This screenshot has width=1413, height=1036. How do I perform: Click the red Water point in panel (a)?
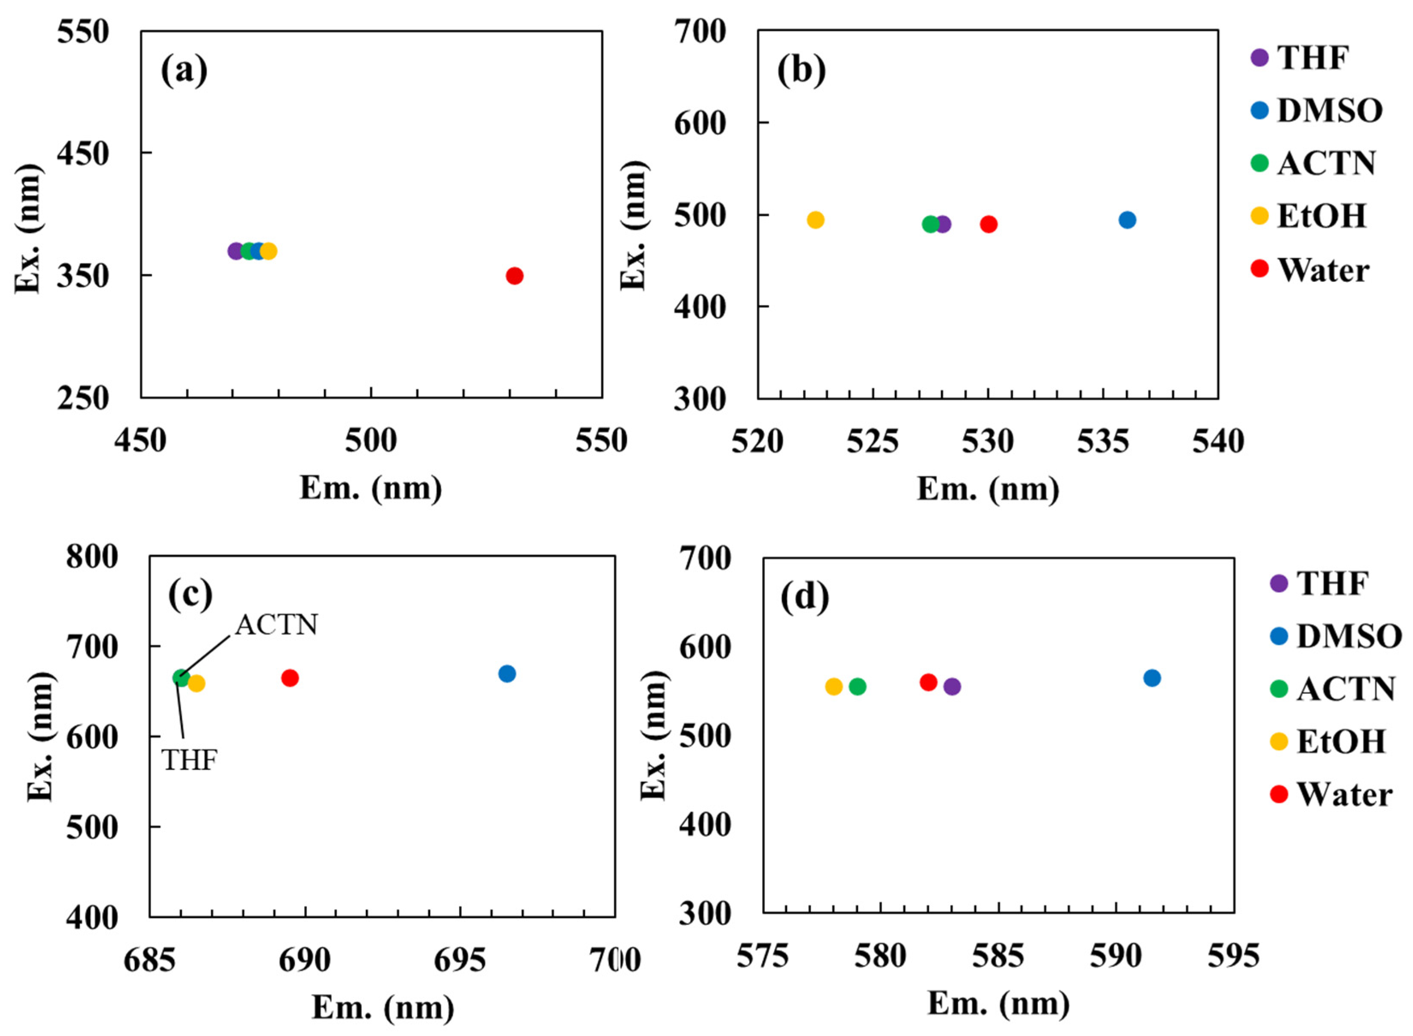click(514, 275)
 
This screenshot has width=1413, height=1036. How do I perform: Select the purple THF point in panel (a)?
click(236, 251)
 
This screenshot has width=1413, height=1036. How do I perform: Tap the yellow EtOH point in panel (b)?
click(815, 219)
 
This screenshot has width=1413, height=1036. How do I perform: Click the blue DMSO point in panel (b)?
click(1127, 219)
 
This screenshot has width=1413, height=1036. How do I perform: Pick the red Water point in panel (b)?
click(988, 224)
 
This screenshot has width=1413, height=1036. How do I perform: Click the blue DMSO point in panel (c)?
click(507, 674)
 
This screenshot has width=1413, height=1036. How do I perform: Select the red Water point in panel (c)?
click(290, 678)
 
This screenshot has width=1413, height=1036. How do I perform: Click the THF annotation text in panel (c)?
click(190, 760)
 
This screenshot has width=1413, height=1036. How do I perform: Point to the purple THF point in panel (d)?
click(952, 687)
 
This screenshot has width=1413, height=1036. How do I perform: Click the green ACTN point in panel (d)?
click(857, 687)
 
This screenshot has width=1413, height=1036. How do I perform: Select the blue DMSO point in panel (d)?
click(1152, 678)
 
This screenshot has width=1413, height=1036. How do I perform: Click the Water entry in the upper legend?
click(1323, 271)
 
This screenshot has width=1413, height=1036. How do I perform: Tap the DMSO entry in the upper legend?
click(1330, 111)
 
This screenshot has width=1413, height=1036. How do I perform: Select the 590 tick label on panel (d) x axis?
click(1115, 956)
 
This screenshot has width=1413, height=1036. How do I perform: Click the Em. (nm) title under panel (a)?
click(371, 488)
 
